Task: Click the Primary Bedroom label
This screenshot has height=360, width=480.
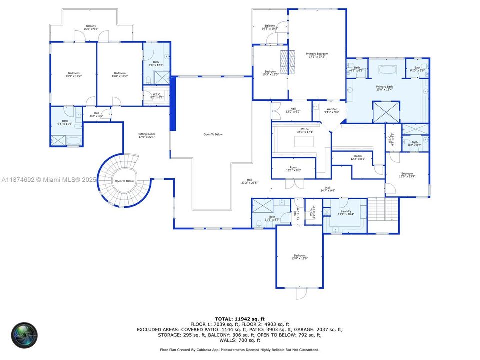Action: coord(317,55)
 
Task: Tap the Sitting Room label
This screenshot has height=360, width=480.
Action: coord(147,135)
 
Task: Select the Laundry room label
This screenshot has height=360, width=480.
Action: coord(346,213)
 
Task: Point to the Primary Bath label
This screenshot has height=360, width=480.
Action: coord(385,88)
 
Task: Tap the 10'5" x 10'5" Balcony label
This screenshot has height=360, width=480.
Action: coord(270,27)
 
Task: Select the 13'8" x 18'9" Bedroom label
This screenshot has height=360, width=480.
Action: coord(299,257)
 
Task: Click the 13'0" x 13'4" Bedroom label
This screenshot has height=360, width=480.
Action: coord(406,175)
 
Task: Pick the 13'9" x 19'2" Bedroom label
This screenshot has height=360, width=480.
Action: coord(73,75)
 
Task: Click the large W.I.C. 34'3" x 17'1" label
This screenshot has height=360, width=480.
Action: coord(302,131)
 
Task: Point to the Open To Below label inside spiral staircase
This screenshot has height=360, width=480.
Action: coord(124,181)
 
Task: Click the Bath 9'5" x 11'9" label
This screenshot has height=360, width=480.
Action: coord(65,122)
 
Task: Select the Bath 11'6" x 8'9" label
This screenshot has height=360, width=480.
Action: coord(272,218)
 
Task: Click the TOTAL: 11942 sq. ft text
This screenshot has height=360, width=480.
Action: coord(240,318)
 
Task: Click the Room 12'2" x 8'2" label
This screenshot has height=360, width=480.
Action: coord(358,157)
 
